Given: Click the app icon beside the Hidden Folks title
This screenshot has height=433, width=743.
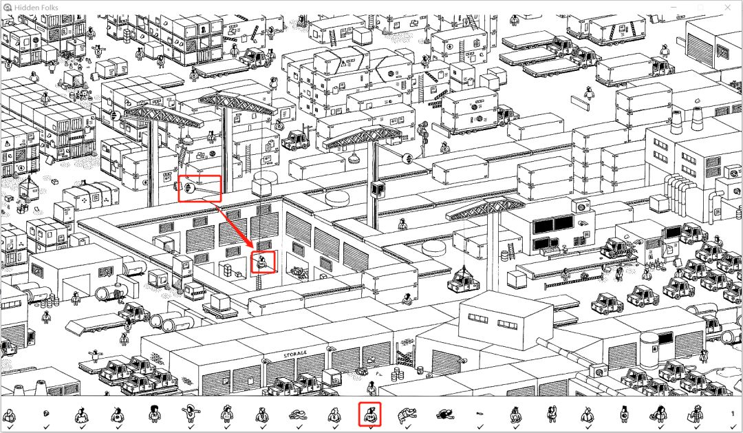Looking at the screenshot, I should pyautogui.click(x=7, y=8).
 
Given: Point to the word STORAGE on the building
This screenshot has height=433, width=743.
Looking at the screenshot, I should pyautogui.click(x=295, y=355).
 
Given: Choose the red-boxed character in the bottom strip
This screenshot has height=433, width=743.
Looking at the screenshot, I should pyautogui.click(x=370, y=414).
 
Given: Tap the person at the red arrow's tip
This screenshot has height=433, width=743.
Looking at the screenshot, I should pyautogui.click(x=262, y=262).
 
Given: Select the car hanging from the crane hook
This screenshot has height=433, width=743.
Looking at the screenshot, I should pyautogui.click(x=466, y=282).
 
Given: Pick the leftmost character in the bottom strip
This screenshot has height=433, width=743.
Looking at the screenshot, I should pyautogui.click(x=9, y=414).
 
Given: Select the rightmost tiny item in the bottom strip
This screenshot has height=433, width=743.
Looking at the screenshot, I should pyautogui.click(x=733, y=414).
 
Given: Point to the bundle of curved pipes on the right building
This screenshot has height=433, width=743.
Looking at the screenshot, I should pyautogui.click(x=678, y=187).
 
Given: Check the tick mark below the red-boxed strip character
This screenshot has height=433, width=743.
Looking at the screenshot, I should pyautogui.click(x=370, y=427).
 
